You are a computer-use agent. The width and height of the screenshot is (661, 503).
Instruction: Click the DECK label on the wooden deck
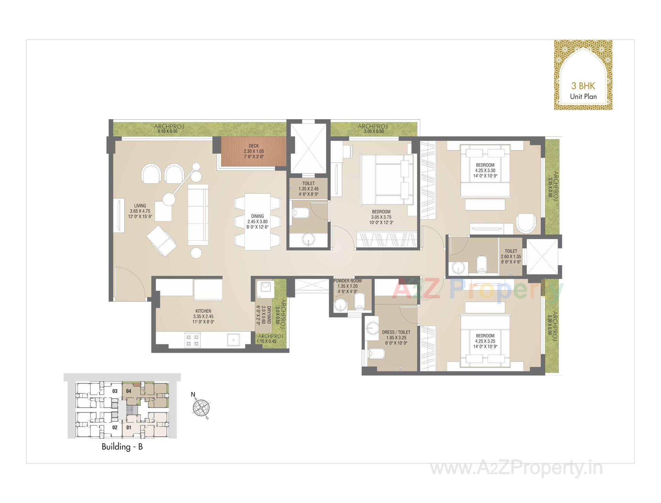point(254,146)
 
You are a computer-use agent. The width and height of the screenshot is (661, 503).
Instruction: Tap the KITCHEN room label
point(203,311)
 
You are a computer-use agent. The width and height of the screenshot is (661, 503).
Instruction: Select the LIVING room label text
point(140,206)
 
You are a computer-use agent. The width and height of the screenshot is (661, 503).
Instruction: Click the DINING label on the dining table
point(257,216)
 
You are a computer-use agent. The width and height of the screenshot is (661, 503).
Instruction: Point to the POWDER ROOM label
point(347,281)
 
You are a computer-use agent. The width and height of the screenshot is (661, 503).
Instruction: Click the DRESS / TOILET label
point(396,332)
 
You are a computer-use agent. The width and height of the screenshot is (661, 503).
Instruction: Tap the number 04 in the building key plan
point(129,391)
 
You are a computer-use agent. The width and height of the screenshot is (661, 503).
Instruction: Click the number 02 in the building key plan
point(115,427)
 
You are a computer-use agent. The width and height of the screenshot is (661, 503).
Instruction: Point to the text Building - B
point(122,447)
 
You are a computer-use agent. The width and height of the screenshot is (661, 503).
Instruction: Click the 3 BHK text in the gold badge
point(583,86)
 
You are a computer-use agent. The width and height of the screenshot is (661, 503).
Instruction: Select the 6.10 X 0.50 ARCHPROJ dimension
point(167,131)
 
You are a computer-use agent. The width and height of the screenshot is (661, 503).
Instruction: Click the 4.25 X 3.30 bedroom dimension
point(485,170)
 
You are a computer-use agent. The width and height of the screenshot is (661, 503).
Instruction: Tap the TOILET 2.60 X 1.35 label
point(511,256)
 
